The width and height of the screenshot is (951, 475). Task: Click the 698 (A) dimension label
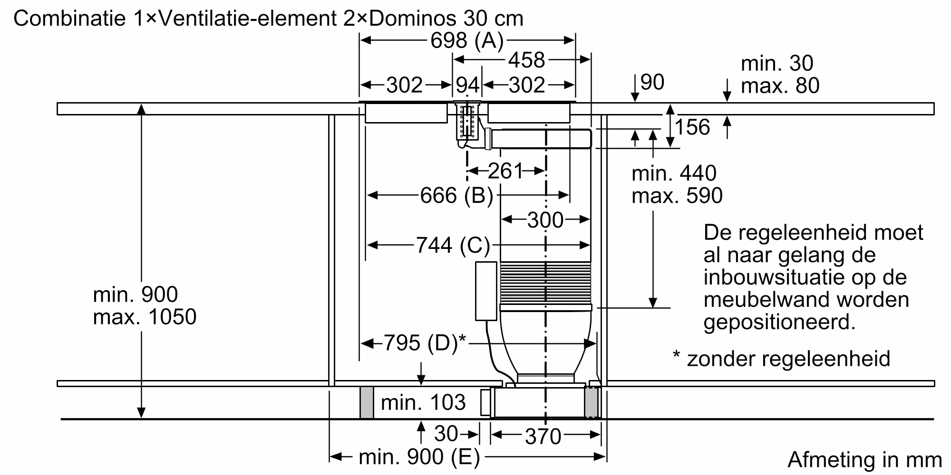click(x=467, y=40)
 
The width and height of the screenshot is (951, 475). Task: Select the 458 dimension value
click(x=526, y=60)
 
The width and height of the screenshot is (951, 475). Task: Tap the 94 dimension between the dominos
click(x=467, y=85)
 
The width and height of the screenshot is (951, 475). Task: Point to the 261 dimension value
click(x=505, y=171)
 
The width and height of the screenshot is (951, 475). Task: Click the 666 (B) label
click(x=456, y=195)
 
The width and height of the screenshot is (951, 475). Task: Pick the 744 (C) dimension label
click(x=453, y=245)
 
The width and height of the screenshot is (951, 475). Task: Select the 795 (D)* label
click(x=425, y=342)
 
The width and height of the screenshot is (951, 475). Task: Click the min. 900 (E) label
click(x=419, y=457)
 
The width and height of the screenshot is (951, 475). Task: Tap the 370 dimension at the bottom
click(x=543, y=436)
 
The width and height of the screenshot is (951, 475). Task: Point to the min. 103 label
click(x=423, y=403)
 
